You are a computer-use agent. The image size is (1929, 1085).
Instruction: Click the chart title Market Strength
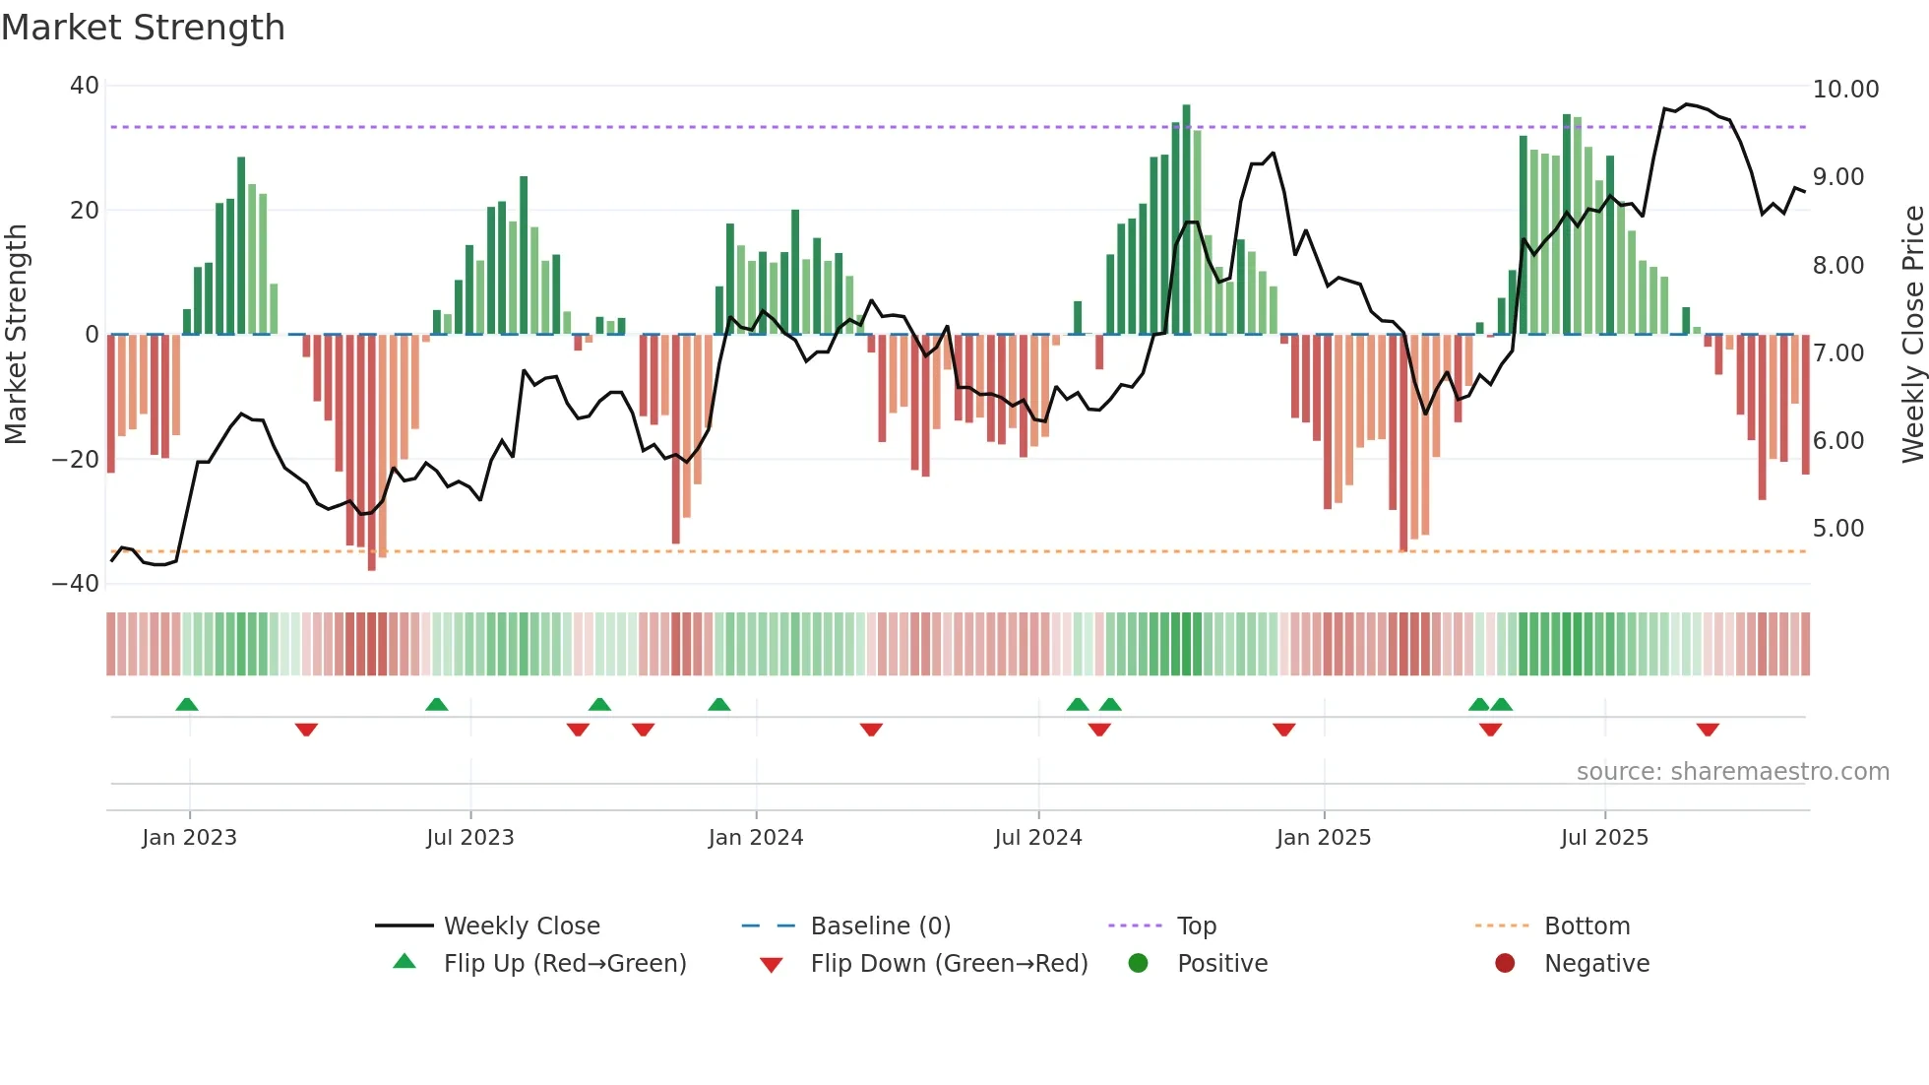[x=143, y=28]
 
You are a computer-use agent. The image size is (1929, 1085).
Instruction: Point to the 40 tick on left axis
[x=85, y=86]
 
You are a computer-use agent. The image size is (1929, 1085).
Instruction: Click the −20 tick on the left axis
[x=76, y=460]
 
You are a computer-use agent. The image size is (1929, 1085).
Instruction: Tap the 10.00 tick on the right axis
[x=1845, y=90]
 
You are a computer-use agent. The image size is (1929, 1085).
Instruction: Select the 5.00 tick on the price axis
[x=1837, y=529]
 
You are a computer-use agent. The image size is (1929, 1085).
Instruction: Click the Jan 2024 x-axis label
[x=755, y=838]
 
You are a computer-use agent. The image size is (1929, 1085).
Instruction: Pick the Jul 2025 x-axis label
[x=1603, y=838]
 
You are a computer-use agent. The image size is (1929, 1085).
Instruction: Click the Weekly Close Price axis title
[x=1912, y=334]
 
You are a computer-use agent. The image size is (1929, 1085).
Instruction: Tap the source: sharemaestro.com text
[x=1732, y=772]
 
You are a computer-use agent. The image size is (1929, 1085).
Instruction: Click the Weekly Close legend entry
[x=521, y=926]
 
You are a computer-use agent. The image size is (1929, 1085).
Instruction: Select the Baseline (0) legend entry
[x=880, y=926]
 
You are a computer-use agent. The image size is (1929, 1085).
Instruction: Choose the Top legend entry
[x=1196, y=926]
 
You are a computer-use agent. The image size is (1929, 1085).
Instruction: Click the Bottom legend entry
[x=1587, y=926]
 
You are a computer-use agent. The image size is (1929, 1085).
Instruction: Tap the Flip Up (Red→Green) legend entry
[x=564, y=964]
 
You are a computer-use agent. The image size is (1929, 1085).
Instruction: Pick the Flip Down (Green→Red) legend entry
[x=949, y=964]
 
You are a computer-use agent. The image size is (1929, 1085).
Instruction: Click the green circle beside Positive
[x=1138, y=964]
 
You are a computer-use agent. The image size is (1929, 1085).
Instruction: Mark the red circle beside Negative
[x=1504, y=964]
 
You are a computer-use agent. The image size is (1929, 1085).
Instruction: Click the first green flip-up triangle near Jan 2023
[x=187, y=704]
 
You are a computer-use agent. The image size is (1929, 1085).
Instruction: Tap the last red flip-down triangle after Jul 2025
[x=1708, y=730]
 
